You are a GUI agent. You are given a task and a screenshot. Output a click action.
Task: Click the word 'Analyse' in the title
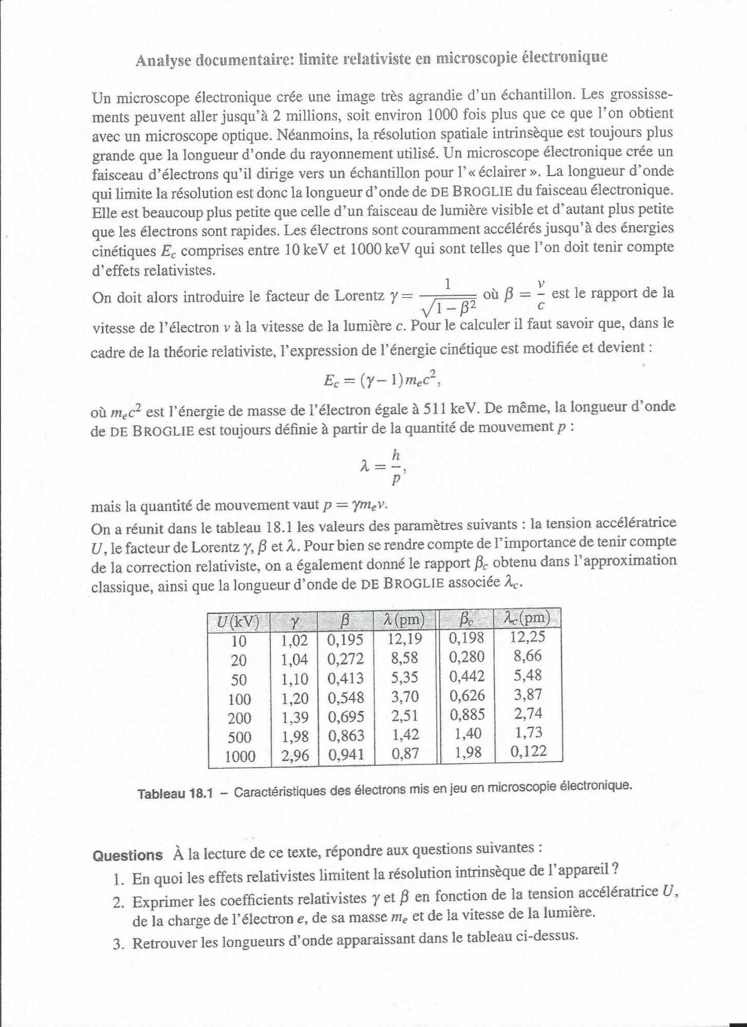point(163,60)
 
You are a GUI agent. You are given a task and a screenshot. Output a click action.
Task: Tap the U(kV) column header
point(237,622)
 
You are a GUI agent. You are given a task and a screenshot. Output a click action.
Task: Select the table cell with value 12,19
point(405,639)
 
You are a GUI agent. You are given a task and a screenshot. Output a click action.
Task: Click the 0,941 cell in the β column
point(346,754)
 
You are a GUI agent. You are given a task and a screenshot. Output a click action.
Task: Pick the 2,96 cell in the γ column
point(294,755)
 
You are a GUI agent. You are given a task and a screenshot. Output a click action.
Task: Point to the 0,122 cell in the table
point(528,752)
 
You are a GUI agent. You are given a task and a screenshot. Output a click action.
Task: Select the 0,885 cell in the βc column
point(466,714)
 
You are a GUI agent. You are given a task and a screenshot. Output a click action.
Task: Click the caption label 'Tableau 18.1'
point(175,794)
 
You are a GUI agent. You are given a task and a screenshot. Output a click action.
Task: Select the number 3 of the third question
point(117,943)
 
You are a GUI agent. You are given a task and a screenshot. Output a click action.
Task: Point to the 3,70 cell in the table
point(405,697)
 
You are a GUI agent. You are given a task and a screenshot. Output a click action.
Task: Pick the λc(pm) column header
point(527,618)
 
